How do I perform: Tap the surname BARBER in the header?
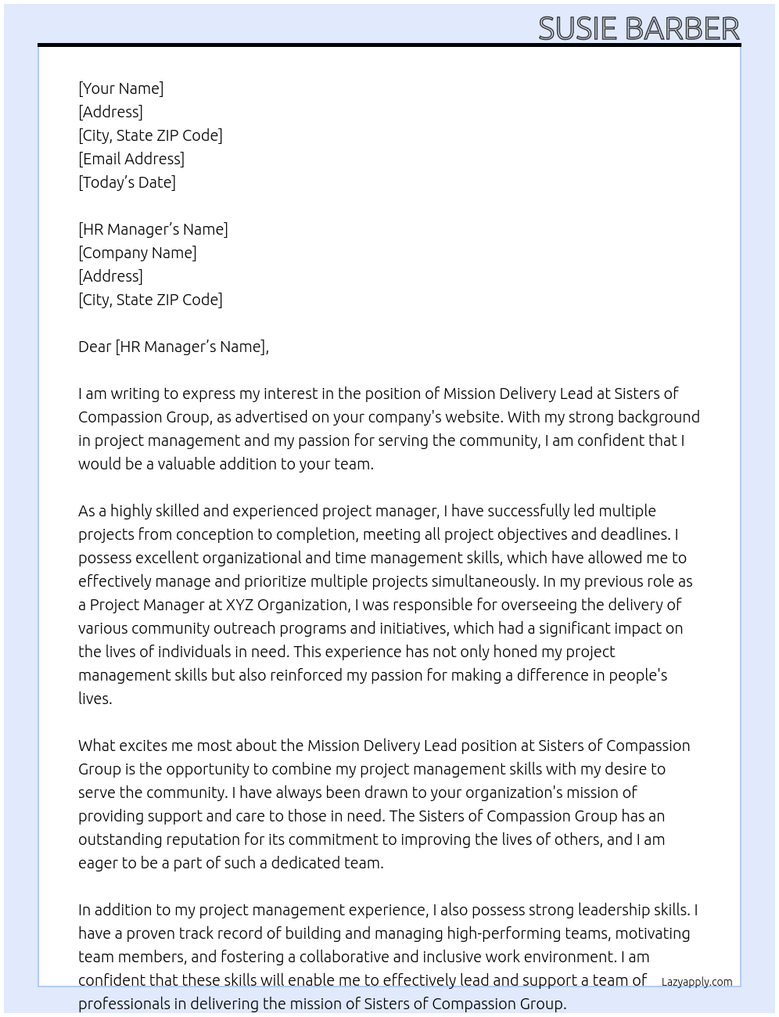(683, 28)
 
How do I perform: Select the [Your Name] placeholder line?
(120, 88)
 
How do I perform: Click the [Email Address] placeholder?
(131, 159)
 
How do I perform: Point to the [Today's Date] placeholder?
(127, 182)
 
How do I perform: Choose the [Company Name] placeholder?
(138, 253)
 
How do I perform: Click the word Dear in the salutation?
(95, 347)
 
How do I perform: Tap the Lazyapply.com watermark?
(697, 982)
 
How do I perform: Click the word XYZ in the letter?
(239, 605)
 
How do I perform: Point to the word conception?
(214, 534)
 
